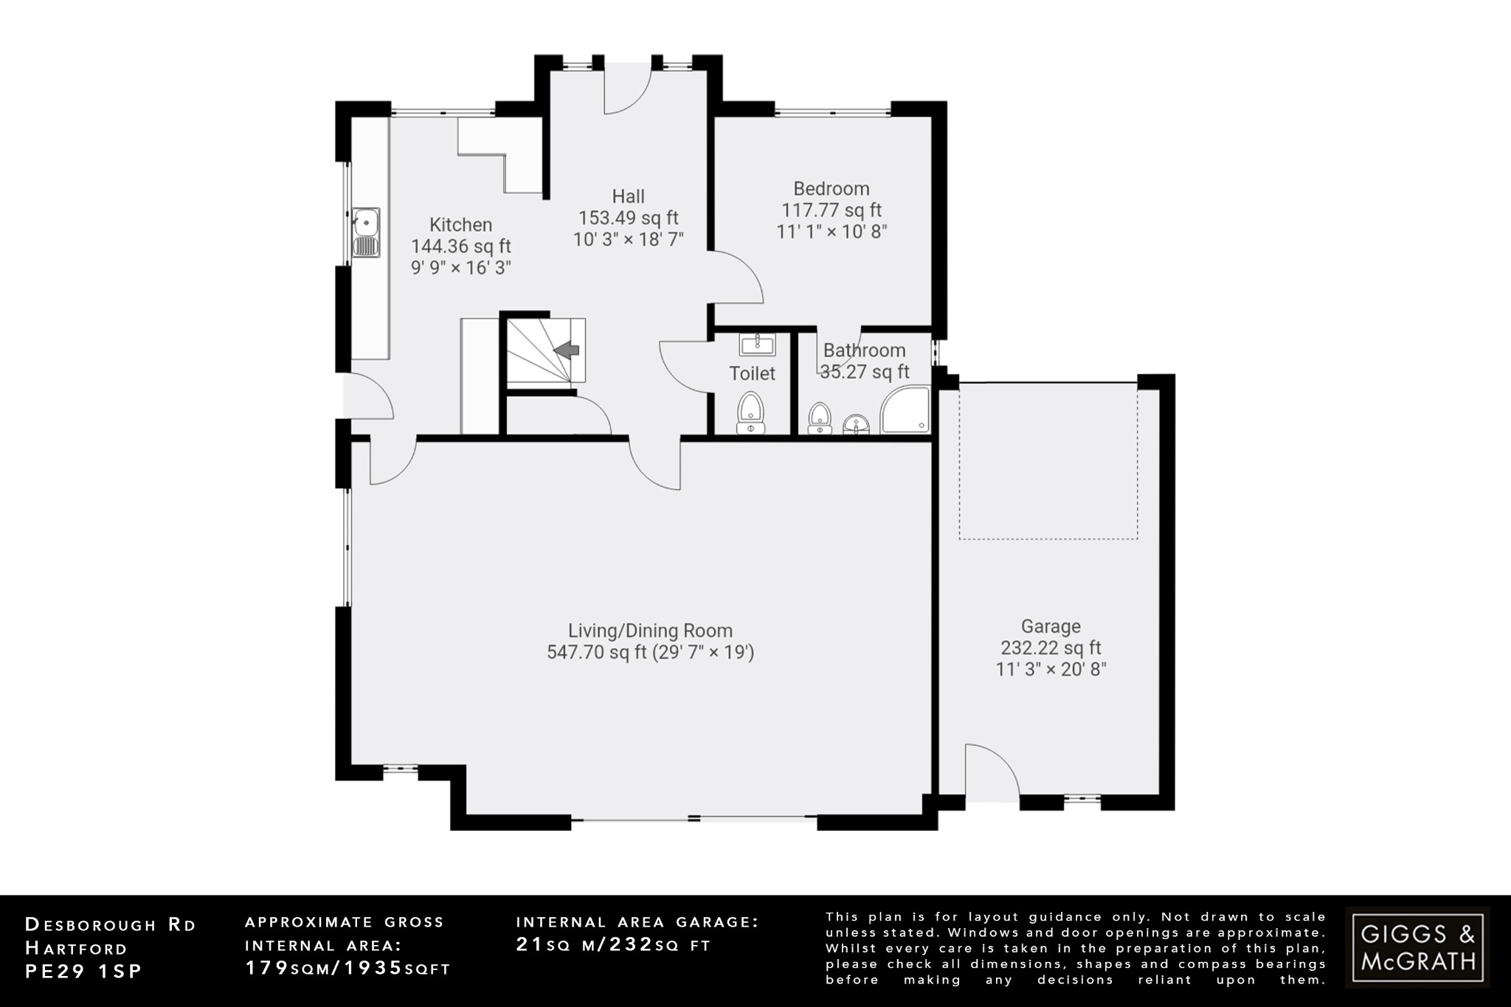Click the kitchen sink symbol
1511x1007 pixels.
366,232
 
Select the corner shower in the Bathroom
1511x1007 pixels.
907,410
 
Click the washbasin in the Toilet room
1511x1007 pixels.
757,344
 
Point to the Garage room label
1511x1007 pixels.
1051,626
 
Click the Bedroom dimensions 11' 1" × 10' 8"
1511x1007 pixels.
831,231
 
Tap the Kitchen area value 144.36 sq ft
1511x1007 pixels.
460,246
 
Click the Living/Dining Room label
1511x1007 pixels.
650,631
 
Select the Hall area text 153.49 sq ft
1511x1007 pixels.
628,218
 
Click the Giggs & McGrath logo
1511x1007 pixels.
1417,947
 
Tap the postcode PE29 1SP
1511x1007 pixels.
83,972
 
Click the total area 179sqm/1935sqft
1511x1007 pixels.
348,968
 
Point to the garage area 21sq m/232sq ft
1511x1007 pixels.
613,944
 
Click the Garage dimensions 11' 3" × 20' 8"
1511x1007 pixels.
1051,669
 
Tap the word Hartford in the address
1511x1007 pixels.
76,948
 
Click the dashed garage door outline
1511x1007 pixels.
1048,539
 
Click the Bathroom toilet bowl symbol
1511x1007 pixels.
820,418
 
